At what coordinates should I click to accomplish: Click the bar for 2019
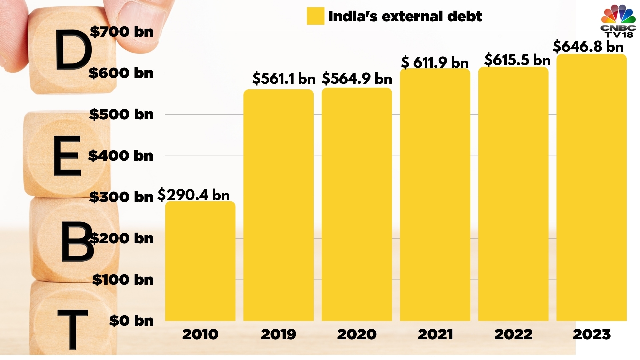278,205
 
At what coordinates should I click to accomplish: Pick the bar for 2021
435,195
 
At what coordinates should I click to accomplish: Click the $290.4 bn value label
194,195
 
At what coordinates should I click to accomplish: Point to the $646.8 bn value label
588,46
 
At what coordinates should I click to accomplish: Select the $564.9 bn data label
357,79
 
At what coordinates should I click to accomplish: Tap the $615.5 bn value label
517,60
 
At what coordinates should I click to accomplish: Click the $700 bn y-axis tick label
122,32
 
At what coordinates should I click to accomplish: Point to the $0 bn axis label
131,321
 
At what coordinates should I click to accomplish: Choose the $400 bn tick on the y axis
121,156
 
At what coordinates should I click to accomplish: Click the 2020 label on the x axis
357,334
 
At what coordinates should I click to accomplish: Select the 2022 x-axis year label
513,334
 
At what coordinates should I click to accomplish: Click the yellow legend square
315,16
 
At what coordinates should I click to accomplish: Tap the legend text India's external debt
405,16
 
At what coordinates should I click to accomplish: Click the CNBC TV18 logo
618,21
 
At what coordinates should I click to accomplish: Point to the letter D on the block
73,50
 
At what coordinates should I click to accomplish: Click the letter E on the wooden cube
67,156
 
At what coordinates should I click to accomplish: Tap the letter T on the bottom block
73,328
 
